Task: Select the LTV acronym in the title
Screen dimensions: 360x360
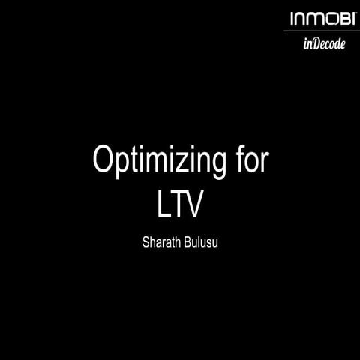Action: click(180, 205)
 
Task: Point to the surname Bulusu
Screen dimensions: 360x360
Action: click(200, 242)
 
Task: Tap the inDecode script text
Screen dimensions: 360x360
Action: click(324, 43)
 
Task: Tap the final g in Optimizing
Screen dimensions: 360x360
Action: click(217, 166)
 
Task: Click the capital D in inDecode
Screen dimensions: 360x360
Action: click(316, 43)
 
